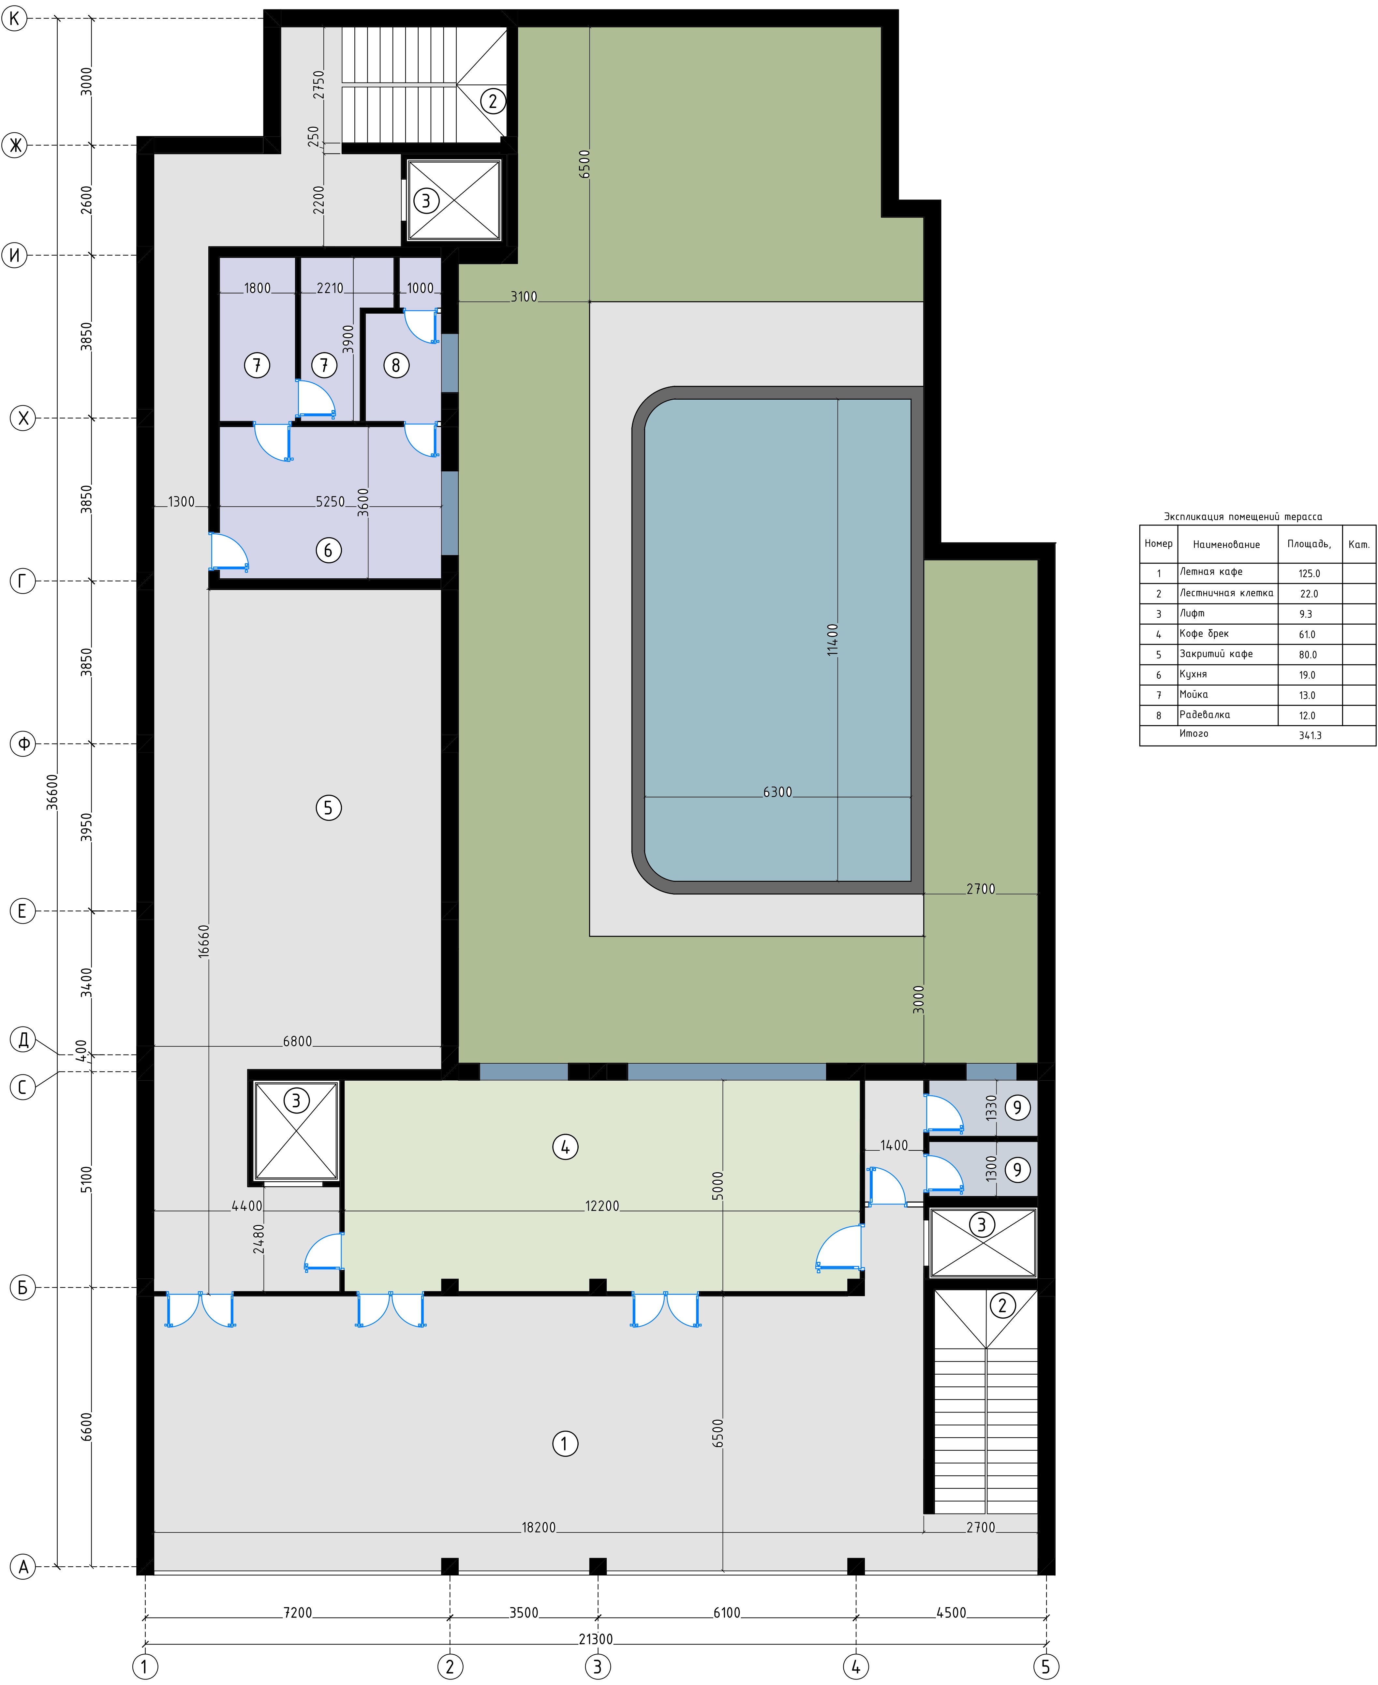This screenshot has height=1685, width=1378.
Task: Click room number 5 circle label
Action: coord(329,808)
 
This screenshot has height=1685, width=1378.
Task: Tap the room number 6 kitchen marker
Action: coord(329,550)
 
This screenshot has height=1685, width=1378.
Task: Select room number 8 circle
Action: coord(396,365)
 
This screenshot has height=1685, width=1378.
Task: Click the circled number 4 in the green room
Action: coord(565,1147)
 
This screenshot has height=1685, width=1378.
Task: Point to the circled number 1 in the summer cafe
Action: coord(565,1444)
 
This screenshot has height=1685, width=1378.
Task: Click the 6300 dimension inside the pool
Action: coord(777,792)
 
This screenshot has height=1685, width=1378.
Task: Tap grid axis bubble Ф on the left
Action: coord(23,744)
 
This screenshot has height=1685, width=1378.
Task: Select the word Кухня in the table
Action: coord(1193,674)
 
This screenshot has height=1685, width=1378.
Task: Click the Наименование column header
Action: coord(1226,544)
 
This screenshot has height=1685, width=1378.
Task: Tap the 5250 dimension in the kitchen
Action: coord(330,502)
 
